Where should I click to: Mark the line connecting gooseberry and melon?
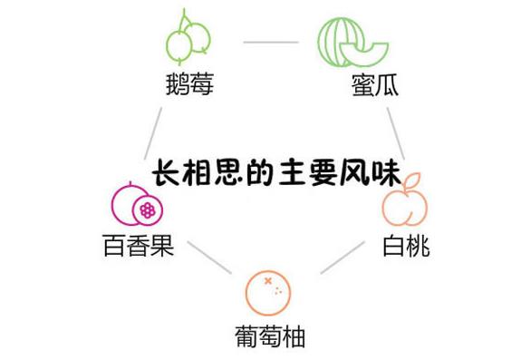click(x=271, y=41)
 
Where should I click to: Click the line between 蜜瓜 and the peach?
click(x=396, y=132)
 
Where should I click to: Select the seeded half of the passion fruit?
click(x=145, y=210)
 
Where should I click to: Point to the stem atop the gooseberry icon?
click(x=187, y=17)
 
